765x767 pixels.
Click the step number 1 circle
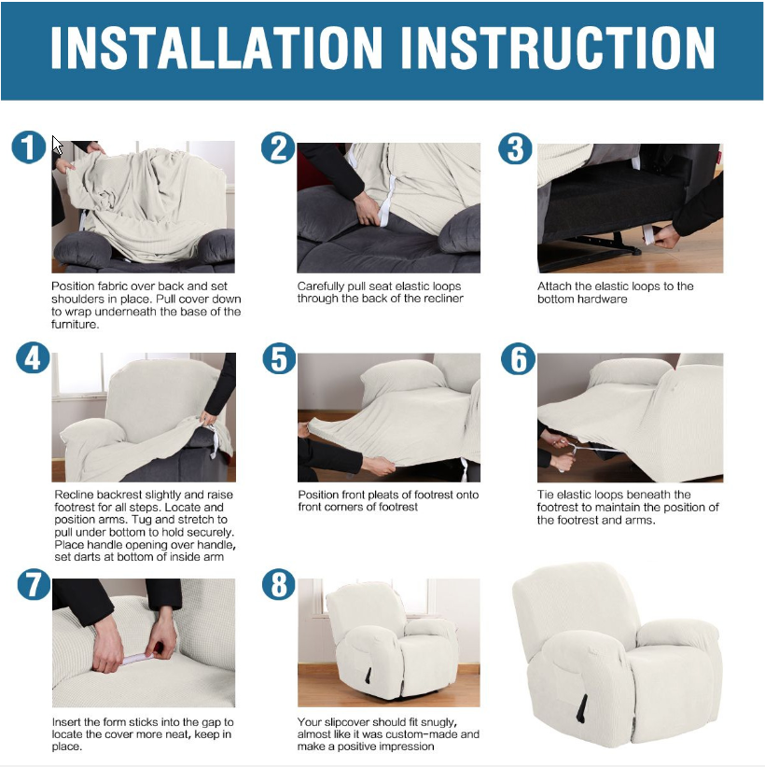point(29,146)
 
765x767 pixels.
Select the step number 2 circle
point(278,147)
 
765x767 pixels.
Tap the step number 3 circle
point(515,148)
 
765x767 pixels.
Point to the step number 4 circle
point(33,357)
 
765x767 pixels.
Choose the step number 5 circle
point(279,358)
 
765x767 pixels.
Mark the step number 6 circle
point(518,358)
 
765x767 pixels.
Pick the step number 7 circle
point(34,584)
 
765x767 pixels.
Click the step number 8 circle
point(278,584)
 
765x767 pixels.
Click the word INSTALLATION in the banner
point(216,48)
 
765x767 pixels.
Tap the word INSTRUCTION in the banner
point(557,48)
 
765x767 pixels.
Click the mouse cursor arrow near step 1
point(57,146)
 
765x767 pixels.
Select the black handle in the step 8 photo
point(368,676)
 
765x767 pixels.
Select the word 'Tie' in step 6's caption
point(546,495)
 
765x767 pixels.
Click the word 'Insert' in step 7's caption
point(66,722)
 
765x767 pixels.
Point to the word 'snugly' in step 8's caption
point(438,722)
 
